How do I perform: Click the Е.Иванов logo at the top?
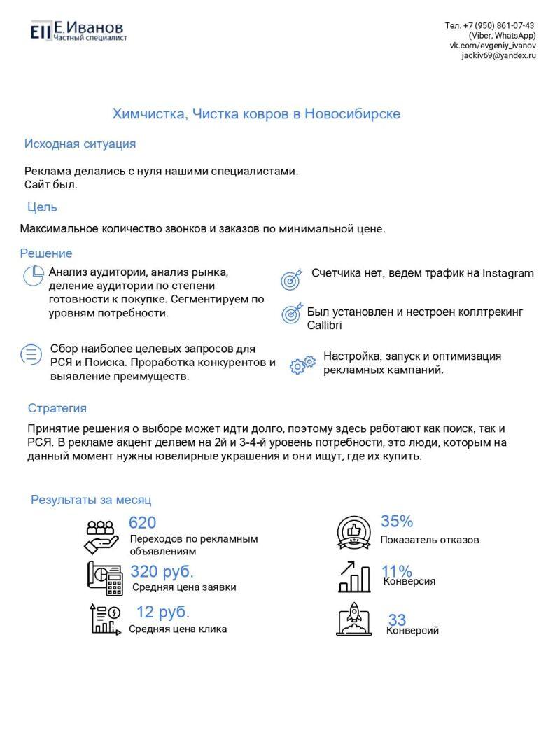(78, 30)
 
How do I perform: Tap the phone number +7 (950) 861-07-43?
(499, 25)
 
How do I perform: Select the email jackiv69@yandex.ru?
(498, 55)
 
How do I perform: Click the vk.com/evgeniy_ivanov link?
(493, 46)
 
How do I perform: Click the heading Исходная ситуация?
(80, 144)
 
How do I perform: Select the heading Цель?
(42, 207)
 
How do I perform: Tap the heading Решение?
(45, 253)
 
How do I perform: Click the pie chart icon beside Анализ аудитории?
(33, 276)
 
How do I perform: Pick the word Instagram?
(507, 274)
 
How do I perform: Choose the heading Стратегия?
(57, 408)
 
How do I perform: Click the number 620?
(142, 523)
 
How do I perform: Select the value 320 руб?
(162, 571)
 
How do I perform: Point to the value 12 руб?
(163, 612)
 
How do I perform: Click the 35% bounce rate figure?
(397, 522)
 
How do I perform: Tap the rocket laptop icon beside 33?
(353, 618)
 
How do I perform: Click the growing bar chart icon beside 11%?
(355, 576)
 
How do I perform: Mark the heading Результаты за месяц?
(91, 501)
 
